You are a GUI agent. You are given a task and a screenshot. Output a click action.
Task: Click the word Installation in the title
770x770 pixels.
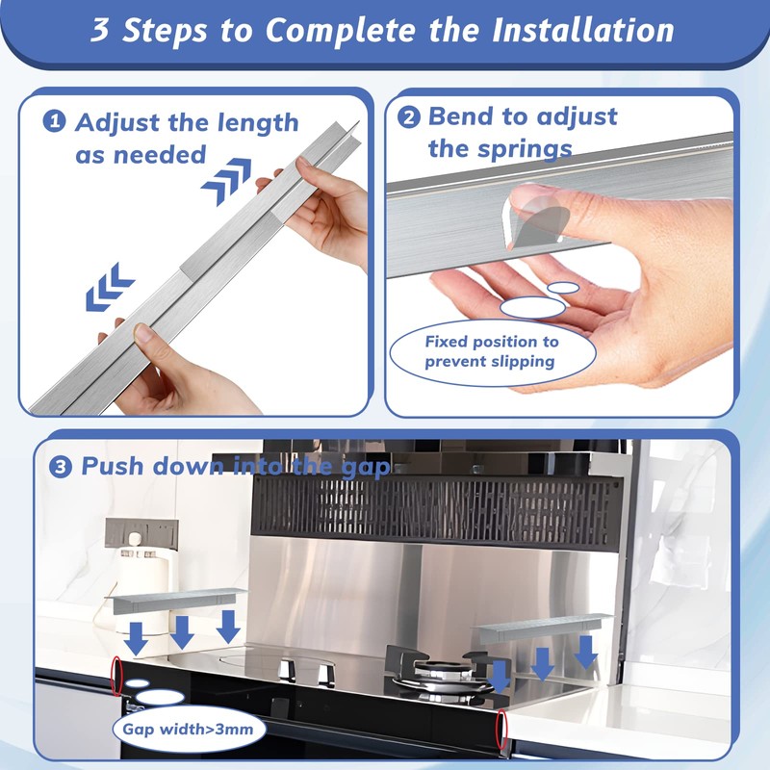click(x=583, y=30)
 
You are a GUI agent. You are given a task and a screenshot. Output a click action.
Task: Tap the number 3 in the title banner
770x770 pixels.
click(x=100, y=30)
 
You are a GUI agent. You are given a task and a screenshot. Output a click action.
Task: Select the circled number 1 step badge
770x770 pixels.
click(x=54, y=121)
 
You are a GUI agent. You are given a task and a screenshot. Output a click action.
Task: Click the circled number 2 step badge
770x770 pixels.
click(x=408, y=117)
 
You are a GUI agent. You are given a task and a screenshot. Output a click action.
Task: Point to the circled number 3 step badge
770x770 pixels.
click(x=61, y=467)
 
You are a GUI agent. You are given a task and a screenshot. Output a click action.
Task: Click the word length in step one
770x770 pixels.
click(x=258, y=123)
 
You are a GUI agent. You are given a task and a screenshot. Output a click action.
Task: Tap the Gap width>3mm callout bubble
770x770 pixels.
click(x=189, y=729)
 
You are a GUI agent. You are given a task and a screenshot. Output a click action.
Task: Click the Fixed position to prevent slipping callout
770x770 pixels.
click(x=493, y=351)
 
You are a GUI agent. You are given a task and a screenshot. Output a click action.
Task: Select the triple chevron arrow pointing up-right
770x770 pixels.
click(x=226, y=180)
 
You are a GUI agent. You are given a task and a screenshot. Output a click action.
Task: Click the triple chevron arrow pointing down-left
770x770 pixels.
click(x=110, y=287)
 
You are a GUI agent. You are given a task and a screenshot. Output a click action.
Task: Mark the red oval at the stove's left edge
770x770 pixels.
click(x=116, y=677)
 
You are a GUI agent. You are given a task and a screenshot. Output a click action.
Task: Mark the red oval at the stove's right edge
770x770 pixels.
click(x=500, y=730)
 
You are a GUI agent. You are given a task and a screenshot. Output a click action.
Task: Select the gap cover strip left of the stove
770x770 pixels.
click(x=175, y=600)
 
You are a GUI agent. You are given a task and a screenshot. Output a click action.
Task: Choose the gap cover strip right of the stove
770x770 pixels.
click(x=542, y=628)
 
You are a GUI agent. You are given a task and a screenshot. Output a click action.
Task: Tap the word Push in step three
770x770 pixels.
click(x=113, y=466)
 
